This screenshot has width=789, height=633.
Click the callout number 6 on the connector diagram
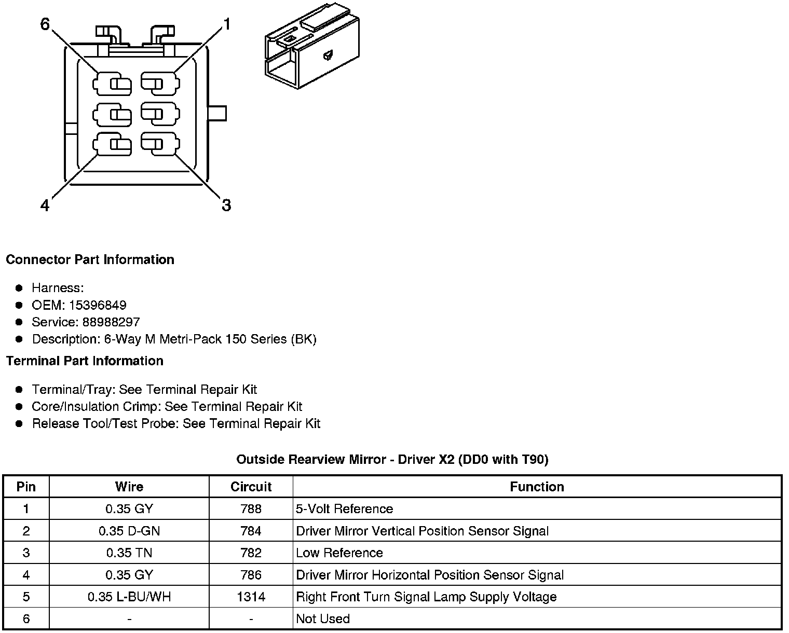click(x=45, y=24)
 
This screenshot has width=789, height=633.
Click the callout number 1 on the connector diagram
click(x=226, y=24)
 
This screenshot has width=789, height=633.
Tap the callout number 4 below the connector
click(x=45, y=205)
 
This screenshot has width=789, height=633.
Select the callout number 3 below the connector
click(x=226, y=205)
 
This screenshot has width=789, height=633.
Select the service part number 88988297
click(x=111, y=322)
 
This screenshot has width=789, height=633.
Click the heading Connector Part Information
click(x=90, y=259)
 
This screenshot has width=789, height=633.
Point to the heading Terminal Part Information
click(x=85, y=361)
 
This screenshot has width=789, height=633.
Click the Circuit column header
click(x=251, y=487)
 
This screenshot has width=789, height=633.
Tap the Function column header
click(x=537, y=487)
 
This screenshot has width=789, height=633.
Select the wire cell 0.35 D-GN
click(x=129, y=531)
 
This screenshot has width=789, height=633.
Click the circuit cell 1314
click(x=251, y=597)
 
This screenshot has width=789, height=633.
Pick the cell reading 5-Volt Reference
click(x=344, y=509)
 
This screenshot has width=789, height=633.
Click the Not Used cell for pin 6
click(x=322, y=618)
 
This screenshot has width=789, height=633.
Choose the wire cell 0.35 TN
click(x=129, y=553)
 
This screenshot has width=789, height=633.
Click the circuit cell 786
click(x=251, y=575)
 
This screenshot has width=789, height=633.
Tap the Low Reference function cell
click(x=339, y=553)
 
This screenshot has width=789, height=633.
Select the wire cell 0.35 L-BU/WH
click(x=129, y=597)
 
